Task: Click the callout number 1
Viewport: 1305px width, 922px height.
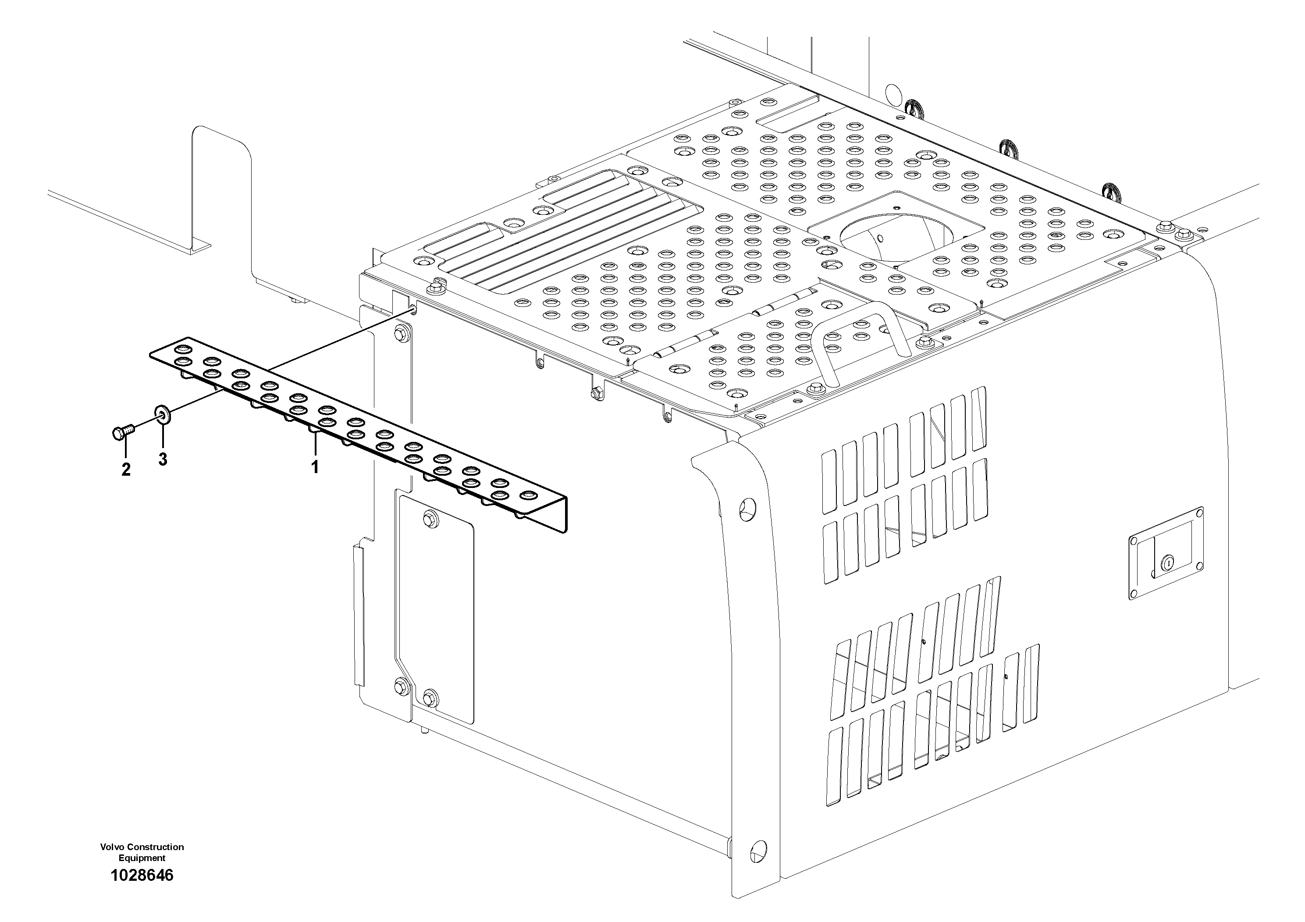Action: click(x=314, y=467)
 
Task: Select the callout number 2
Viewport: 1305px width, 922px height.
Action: click(x=126, y=470)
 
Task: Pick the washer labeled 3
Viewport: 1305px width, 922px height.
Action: click(x=162, y=415)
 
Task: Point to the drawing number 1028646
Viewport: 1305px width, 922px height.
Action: click(x=142, y=876)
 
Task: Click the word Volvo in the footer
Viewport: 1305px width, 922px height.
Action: click(x=112, y=847)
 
